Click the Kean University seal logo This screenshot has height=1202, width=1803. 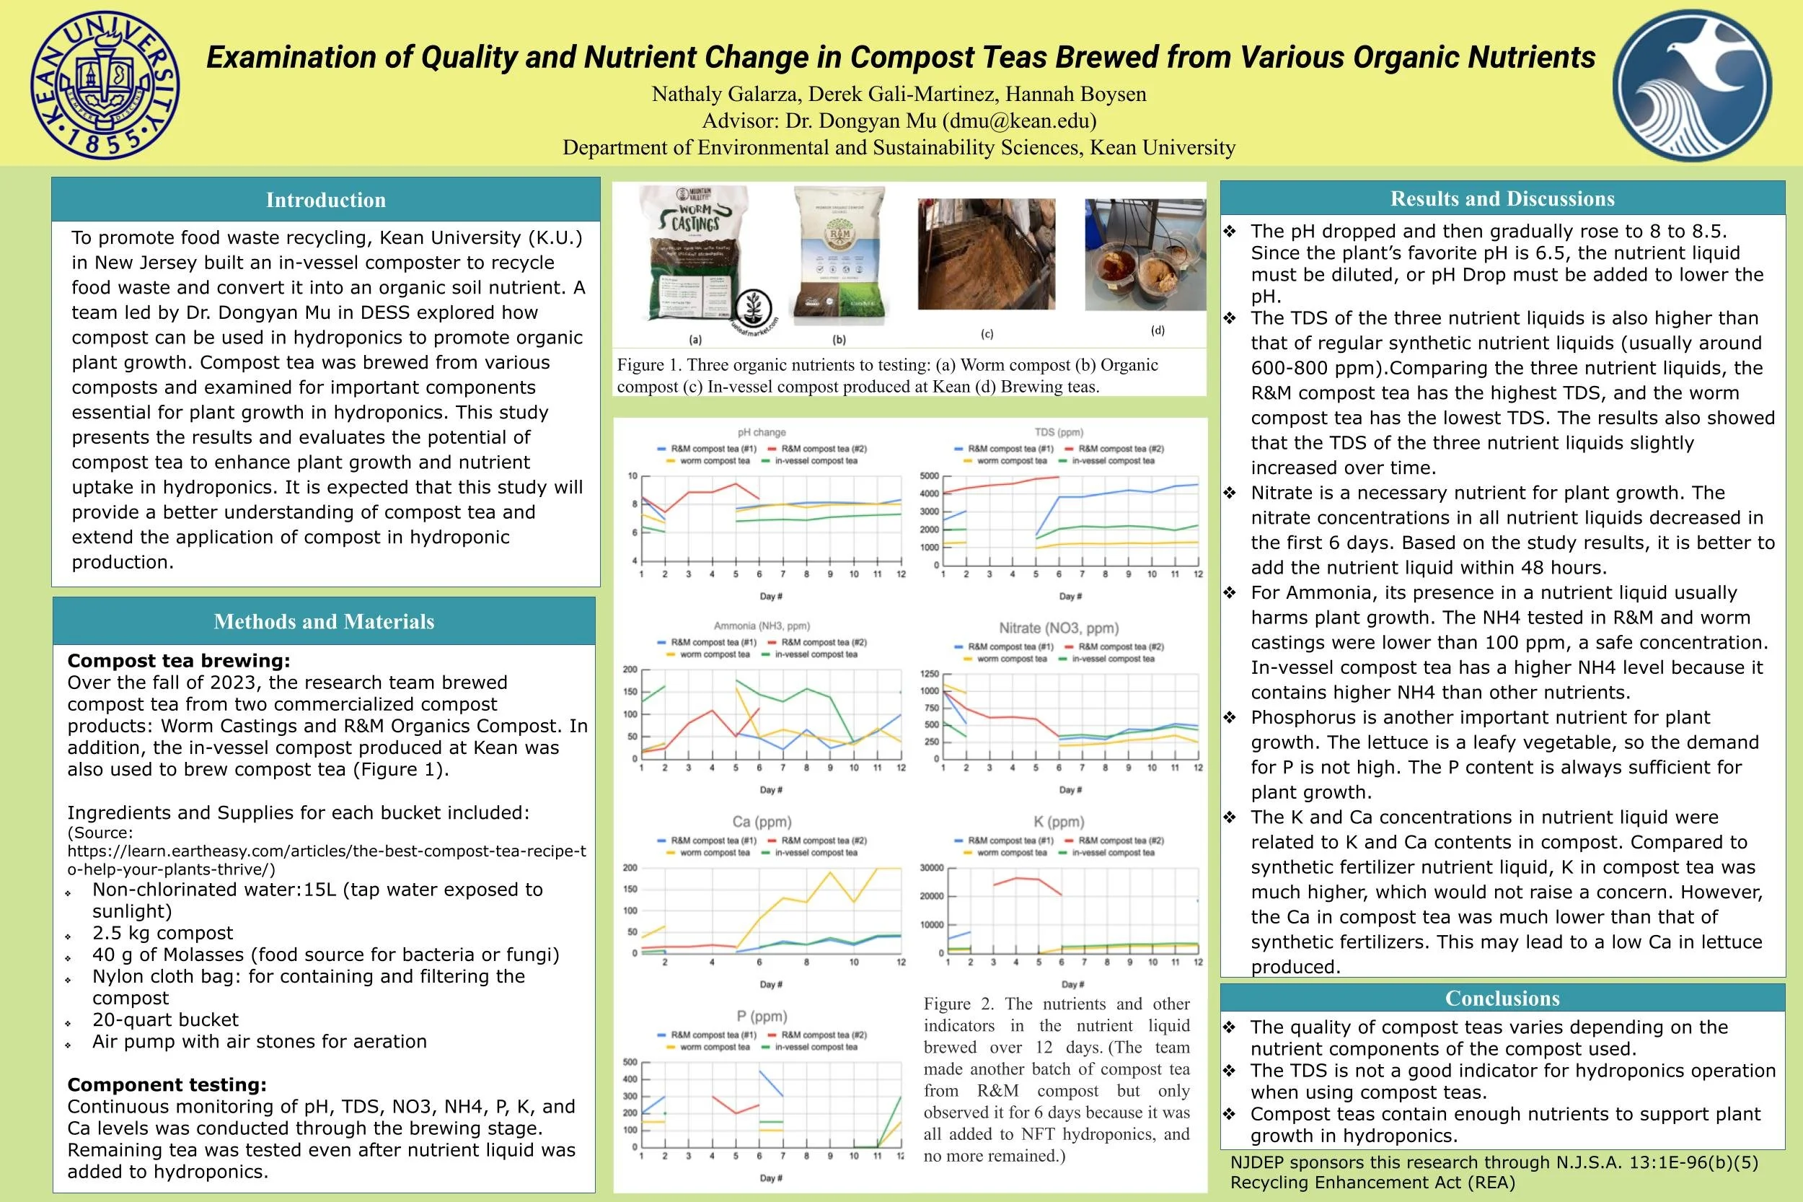click(x=106, y=84)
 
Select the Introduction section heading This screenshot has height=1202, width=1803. click(x=326, y=200)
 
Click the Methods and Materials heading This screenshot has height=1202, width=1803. click(x=324, y=622)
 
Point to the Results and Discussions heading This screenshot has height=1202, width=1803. click(x=1502, y=198)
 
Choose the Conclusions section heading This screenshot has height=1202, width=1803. click(x=1502, y=998)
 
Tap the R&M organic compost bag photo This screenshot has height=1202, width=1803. click(x=839, y=257)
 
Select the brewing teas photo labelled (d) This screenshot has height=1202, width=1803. click(x=1145, y=255)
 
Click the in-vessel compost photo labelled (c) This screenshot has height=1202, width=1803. click(x=986, y=255)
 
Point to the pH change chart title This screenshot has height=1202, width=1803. click(x=762, y=432)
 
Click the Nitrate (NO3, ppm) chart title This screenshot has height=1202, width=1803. click(x=1058, y=628)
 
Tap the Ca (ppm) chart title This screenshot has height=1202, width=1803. click(x=762, y=822)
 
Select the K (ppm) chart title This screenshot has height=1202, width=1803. click(x=1059, y=822)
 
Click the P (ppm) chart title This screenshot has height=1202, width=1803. click(x=762, y=1016)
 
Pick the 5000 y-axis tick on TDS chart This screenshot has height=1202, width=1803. click(x=929, y=476)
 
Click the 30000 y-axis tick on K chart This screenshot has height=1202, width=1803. click(x=931, y=868)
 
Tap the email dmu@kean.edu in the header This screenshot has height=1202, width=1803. click(x=1018, y=121)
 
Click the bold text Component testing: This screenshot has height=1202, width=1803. click(x=167, y=1084)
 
